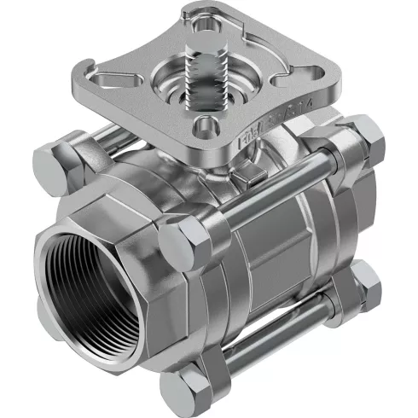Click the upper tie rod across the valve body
coord(273,188)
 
